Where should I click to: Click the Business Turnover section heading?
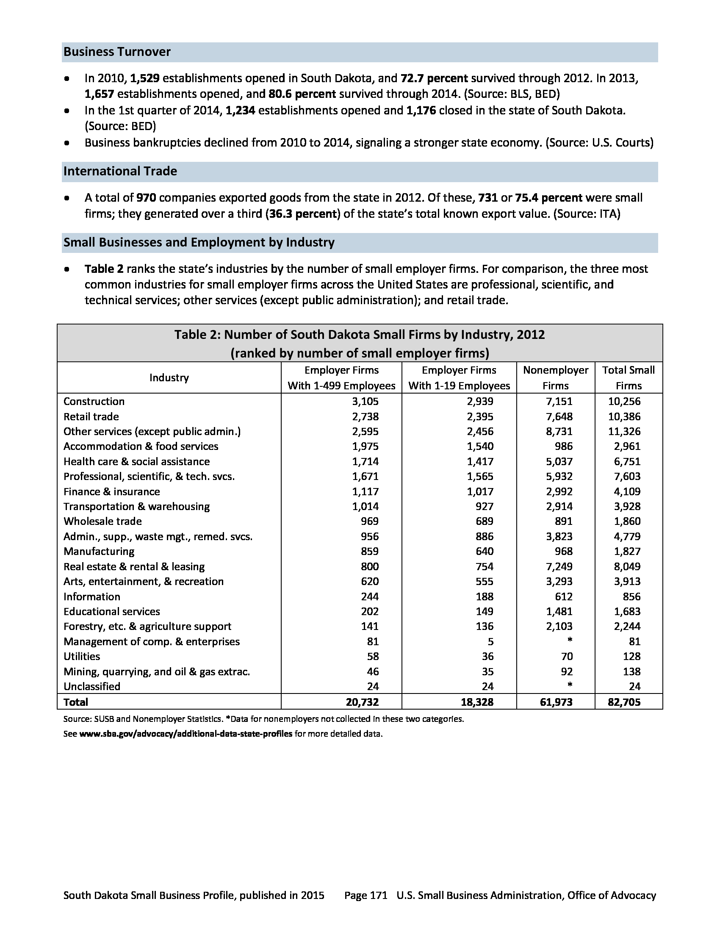tap(117, 52)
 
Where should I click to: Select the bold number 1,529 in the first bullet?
tap(144, 78)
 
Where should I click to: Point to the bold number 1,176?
tap(421, 111)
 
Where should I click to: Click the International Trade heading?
tap(120, 171)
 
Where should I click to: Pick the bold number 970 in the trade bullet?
tap(146, 198)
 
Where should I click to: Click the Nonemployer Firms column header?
tap(555, 377)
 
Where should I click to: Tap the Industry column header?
tap(169, 377)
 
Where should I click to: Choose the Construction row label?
tap(94, 402)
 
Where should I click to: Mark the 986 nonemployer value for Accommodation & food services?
tap(563, 447)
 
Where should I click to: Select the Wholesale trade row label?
tap(102, 521)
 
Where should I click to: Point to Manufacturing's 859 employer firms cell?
tap(369, 551)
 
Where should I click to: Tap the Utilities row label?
tap(81, 657)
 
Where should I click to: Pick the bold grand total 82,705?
tap(624, 702)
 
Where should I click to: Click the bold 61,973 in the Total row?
tap(556, 702)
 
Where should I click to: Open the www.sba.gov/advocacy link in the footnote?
tap(186, 734)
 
